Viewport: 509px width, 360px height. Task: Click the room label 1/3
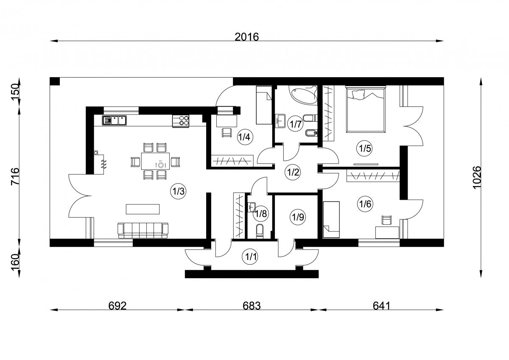coord(179,192)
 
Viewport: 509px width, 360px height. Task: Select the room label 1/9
coord(298,218)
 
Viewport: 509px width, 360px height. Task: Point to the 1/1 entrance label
coord(250,257)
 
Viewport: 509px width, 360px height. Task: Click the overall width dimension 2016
coord(246,37)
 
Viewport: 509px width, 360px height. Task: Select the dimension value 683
coord(252,306)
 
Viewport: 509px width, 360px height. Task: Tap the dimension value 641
coord(381,306)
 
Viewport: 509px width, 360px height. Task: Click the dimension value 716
coord(15,176)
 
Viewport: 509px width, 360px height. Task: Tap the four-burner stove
coord(180,121)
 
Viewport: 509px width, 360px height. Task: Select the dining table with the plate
coord(155,161)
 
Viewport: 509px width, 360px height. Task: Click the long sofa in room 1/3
coord(143,230)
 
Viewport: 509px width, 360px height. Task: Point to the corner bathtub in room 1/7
coord(303,95)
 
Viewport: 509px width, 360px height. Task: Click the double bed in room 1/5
coord(366,109)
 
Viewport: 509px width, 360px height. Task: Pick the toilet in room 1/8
coord(260,231)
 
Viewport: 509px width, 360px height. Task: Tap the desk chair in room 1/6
coord(387,220)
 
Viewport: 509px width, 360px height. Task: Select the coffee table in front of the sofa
coord(143,209)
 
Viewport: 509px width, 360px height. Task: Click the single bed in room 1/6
coord(331,220)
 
